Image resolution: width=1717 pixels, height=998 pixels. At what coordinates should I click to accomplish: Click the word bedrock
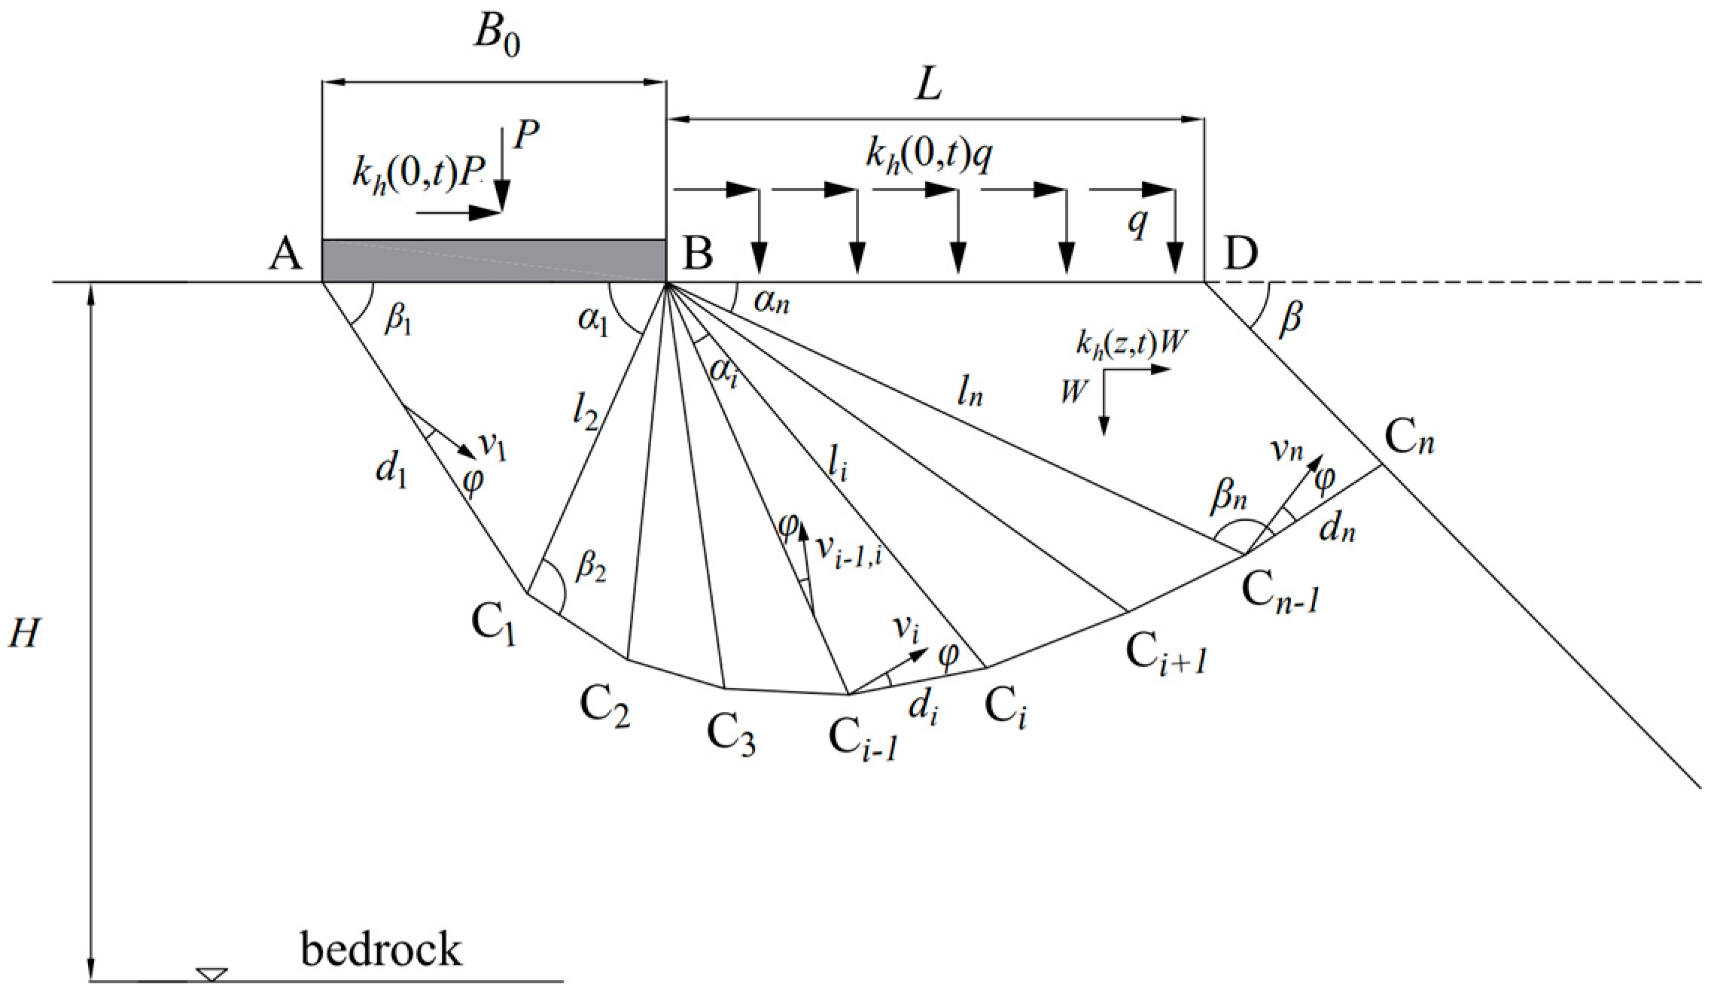pos(381,949)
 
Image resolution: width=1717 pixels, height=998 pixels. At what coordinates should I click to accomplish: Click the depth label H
pos(24,634)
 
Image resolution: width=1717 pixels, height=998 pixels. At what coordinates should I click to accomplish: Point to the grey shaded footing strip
pos(494,261)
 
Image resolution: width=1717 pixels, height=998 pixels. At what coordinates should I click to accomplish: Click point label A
pos(285,254)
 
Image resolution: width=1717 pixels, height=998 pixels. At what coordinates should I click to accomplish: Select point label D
pos(1241,254)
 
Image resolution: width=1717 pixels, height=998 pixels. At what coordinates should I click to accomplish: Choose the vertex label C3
pos(730,734)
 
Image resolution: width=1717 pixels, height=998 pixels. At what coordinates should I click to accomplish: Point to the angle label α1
pos(592,321)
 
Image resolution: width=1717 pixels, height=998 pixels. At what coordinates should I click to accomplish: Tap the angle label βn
pos(1228,497)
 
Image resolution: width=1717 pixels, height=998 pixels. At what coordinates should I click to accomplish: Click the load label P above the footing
pos(526,136)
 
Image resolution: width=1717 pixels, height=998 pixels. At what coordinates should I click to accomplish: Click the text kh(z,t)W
pos(1131,343)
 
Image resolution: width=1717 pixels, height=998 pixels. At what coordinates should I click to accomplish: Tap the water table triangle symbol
pos(212,975)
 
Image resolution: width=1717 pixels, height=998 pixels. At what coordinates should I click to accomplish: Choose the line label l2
pos(585,412)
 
